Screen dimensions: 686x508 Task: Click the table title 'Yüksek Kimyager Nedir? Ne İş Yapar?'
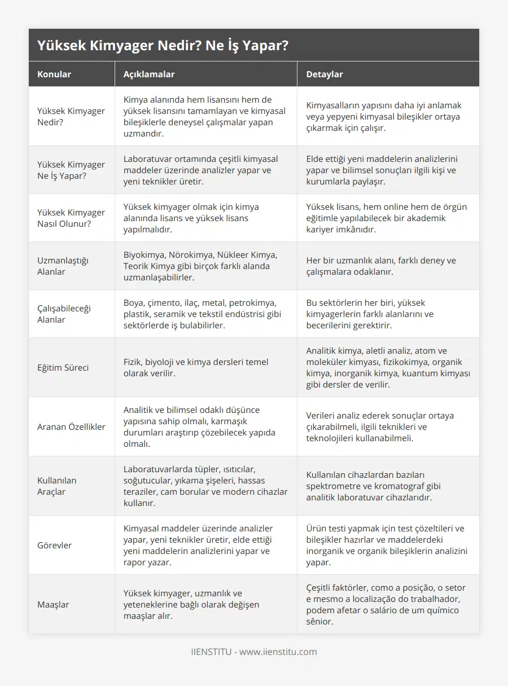pos(163,46)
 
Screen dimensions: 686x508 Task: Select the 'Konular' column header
pos(54,74)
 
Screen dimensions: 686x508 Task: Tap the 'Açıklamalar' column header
pos(149,74)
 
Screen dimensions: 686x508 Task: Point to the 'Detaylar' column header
pos(324,74)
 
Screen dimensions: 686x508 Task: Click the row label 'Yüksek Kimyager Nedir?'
pos(71,116)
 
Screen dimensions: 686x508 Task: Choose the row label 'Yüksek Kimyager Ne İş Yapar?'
pos(71,170)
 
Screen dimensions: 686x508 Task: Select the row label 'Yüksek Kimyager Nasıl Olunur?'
pos(71,218)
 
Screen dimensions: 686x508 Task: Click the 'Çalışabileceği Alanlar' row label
pos(64,314)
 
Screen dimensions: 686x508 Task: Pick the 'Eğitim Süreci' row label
pos(63,367)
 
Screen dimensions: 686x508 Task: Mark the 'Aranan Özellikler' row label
pos(71,426)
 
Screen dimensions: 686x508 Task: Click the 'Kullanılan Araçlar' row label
pos(56,486)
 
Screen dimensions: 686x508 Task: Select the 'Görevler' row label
pos(55,545)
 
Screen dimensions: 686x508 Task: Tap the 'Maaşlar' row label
pos(53,604)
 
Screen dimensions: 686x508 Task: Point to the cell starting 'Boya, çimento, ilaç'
pos(203,314)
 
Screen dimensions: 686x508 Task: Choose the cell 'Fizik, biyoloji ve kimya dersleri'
pos(196,367)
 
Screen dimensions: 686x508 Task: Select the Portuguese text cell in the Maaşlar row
pos(386,604)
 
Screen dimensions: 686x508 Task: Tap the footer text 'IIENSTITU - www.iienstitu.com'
pos(254,652)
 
